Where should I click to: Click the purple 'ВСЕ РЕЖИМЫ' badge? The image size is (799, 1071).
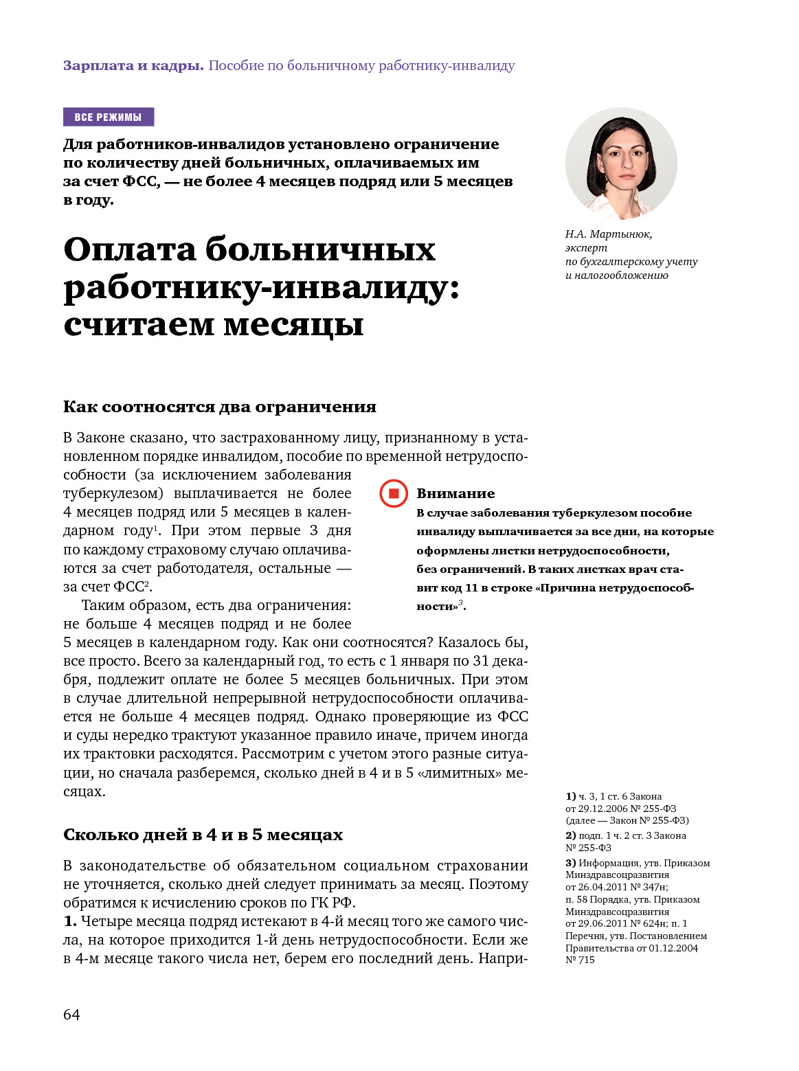click(108, 117)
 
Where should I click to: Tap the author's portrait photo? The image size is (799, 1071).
click(621, 164)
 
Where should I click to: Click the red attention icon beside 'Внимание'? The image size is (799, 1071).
click(394, 493)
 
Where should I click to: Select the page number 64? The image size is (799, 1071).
click(71, 1015)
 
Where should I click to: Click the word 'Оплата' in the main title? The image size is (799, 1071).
click(130, 249)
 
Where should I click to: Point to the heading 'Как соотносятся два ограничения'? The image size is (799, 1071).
click(220, 407)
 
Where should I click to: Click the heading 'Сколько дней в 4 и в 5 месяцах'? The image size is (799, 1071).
click(203, 835)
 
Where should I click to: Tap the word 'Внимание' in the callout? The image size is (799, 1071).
click(455, 493)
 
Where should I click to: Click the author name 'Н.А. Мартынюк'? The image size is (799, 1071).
click(609, 234)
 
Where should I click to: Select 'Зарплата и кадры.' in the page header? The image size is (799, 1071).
click(133, 66)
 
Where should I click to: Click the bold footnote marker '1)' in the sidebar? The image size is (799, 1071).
click(570, 796)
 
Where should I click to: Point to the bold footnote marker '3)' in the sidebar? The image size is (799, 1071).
click(570, 863)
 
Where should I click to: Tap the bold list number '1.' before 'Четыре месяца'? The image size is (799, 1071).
click(70, 921)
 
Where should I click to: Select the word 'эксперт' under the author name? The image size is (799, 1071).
click(586, 248)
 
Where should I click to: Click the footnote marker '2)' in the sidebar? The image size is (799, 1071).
click(570, 835)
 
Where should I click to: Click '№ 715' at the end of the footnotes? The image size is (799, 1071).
click(580, 960)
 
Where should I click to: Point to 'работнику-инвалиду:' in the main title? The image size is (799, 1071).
click(261, 287)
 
